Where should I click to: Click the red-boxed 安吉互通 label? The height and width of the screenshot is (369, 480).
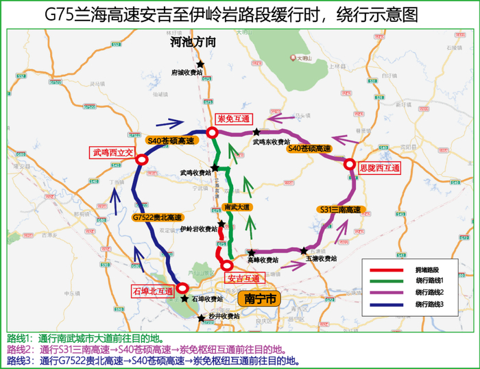(x=244, y=278)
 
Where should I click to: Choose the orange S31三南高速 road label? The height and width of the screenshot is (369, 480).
(x=341, y=209)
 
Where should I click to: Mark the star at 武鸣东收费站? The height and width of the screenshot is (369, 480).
(x=256, y=132)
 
